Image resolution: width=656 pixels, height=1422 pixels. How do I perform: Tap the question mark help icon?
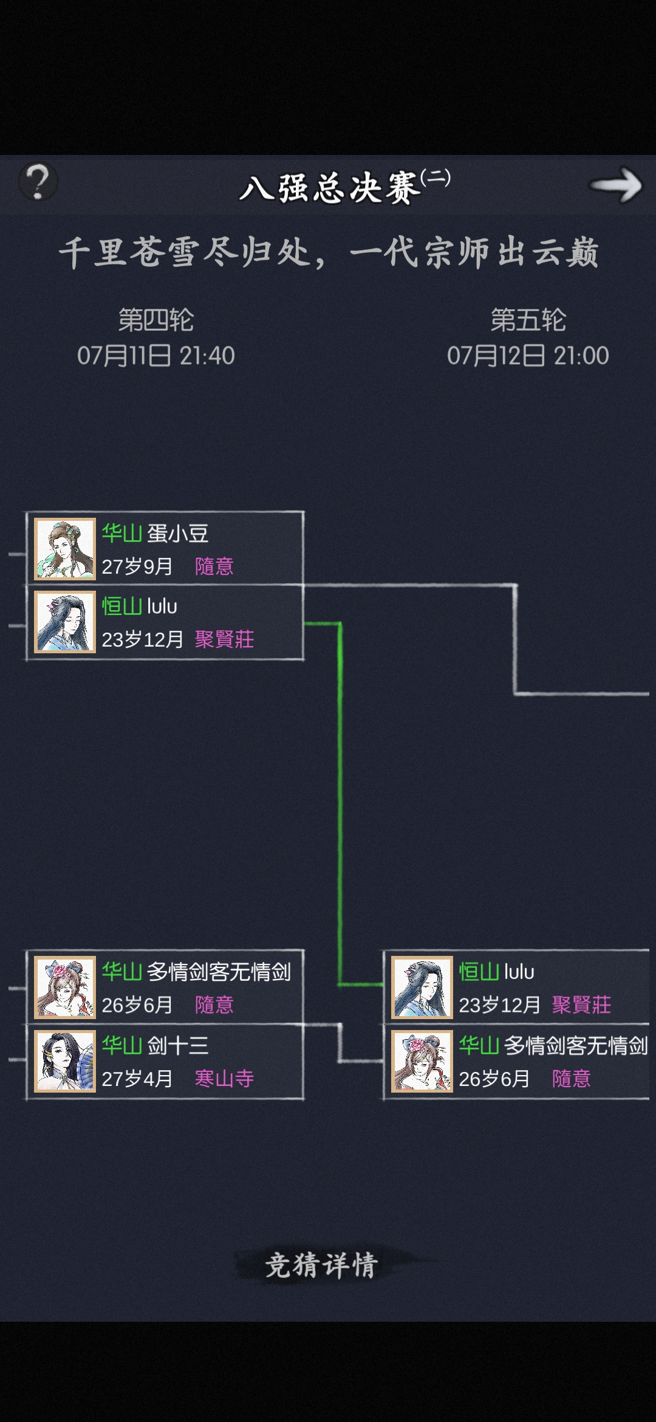38,182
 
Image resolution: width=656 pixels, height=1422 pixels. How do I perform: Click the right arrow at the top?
616,185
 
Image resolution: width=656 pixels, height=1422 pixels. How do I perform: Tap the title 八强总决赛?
330,188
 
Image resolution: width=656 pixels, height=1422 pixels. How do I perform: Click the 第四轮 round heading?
156,320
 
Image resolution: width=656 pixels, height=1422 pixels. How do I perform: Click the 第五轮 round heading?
528,320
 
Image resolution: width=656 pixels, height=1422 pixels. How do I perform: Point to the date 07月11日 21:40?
156,355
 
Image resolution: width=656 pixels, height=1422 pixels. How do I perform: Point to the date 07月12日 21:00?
528,355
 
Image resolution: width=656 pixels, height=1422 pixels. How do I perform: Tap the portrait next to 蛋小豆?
65,549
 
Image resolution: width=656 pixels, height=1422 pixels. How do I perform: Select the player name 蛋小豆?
178,534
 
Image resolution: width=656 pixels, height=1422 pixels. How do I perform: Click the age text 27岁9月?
137,566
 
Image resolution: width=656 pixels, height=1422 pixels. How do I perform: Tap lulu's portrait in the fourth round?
65,622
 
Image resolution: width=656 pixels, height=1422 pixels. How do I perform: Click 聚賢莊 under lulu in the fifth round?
581,1005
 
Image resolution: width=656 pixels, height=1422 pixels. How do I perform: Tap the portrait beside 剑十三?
65,1061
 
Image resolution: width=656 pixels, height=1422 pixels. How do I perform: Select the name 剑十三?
178,1045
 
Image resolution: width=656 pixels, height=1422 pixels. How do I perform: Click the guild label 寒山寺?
224,1078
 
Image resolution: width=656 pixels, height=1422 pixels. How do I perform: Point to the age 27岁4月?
137,1078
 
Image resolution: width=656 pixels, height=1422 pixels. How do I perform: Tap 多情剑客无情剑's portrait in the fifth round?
422,1061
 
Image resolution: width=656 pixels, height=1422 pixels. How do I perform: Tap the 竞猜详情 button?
322,1266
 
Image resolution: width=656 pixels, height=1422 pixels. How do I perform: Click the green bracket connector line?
340,802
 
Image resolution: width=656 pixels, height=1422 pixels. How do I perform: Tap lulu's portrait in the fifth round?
422,987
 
